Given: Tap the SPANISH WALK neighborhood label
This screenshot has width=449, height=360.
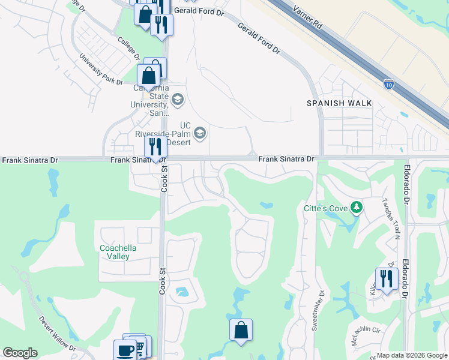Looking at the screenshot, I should pos(339,103).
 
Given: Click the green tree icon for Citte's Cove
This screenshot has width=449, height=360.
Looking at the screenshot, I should pos(357,208).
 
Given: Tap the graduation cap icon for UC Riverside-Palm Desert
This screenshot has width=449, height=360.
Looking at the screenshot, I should pos(201,133).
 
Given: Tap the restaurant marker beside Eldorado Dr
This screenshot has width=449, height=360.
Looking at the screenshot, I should pos(387,278).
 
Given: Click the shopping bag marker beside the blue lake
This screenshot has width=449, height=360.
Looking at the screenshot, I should pos(241,330).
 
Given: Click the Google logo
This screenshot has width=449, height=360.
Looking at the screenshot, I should pos(20,353).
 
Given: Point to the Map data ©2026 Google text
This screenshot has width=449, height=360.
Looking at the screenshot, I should pos(412,355).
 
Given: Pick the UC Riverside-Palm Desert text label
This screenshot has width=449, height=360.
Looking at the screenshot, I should pos(162,137).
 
